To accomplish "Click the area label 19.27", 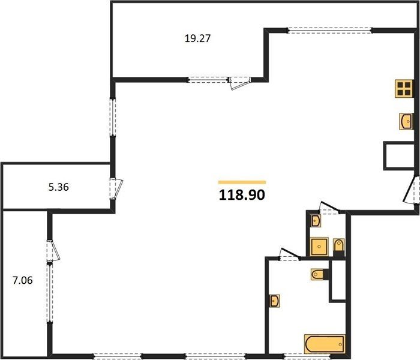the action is click(x=197, y=38).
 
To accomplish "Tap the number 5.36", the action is click(x=58, y=187).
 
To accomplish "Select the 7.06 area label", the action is click(x=23, y=280).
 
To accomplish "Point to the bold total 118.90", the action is click(x=242, y=195).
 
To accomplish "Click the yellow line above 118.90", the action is click(x=242, y=182).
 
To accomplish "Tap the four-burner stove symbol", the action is click(x=404, y=89).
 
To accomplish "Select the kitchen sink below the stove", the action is click(x=406, y=121).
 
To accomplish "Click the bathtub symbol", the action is click(x=325, y=344).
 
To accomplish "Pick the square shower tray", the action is click(x=319, y=247).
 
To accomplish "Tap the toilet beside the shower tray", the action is click(x=339, y=245).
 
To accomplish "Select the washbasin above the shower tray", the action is click(x=316, y=221).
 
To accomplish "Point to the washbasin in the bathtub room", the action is click(x=275, y=301).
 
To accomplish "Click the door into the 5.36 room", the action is click(x=116, y=188).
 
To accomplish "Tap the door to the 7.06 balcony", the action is click(x=53, y=250).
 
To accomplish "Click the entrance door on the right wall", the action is click(x=411, y=190).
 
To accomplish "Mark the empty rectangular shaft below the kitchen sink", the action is click(x=400, y=155).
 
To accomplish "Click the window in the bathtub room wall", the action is click(x=307, y=356).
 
